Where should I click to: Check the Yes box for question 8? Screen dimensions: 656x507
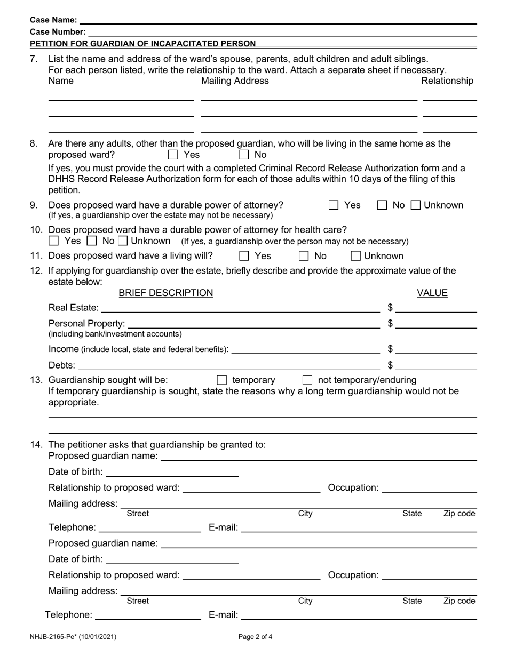(x=173, y=155)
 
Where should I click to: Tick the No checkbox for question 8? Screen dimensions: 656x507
(x=244, y=155)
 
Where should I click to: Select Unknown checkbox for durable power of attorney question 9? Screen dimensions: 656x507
(x=416, y=205)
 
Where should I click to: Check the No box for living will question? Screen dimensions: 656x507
(x=304, y=256)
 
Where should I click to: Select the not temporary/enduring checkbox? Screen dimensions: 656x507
(x=307, y=380)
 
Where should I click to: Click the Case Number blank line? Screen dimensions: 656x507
(x=280, y=32)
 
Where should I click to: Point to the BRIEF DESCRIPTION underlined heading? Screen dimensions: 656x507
(x=165, y=293)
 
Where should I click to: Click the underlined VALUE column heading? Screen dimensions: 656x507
(x=432, y=293)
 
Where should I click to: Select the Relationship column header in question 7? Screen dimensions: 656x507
(x=447, y=81)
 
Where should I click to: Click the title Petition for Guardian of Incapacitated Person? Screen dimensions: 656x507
(x=142, y=44)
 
